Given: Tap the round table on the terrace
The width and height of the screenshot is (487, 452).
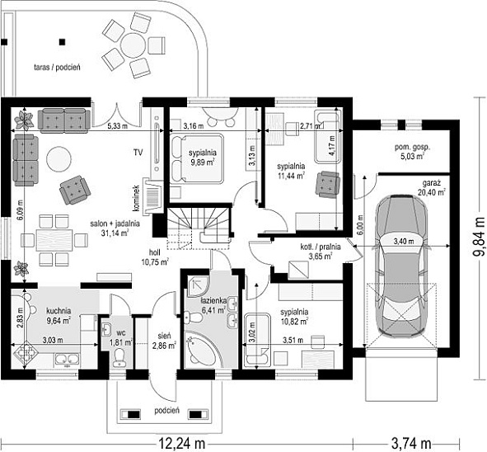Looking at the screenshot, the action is (133, 45).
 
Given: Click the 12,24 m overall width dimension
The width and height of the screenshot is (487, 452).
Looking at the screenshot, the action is (182, 443).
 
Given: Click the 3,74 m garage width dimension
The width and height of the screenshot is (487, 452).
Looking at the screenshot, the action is (411, 443).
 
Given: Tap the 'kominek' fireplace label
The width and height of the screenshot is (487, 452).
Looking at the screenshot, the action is (136, 198).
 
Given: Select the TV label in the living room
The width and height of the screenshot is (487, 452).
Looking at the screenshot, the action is (138, 153).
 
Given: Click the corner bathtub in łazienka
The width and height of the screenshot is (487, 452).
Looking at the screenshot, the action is (200, 349).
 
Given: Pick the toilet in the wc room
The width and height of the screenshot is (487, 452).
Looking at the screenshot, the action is (119, 358).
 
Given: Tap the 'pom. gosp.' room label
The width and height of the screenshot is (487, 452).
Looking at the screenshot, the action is (413, 148).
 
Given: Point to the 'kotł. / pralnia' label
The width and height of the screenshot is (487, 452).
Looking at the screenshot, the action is (321, 247).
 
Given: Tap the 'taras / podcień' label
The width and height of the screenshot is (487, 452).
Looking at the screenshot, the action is (57, 67).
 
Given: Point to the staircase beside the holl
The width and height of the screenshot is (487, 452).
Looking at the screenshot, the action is (199, 228).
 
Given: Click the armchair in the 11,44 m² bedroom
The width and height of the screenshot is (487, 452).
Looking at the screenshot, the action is (327, 184).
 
